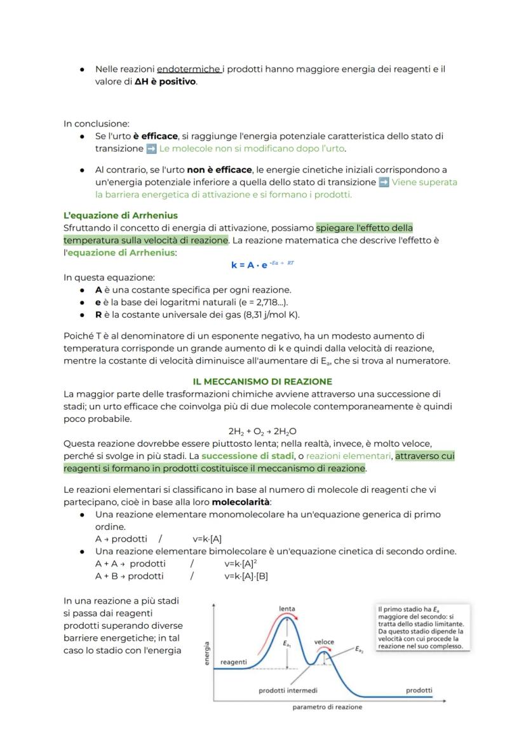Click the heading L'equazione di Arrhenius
(x=120, y=215)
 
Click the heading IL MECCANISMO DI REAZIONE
(x=262, y=381)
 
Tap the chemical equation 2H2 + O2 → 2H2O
(x=262, y=431)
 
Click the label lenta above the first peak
(x=287, y=608)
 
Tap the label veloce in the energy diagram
(x=324, y=642)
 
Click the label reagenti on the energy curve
(x=234, y=662)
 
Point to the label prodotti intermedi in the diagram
(x=288, y=690)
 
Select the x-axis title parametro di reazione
(x=327, y=707)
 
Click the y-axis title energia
(x=207, y=653)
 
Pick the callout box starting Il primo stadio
(x=420, y=627)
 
